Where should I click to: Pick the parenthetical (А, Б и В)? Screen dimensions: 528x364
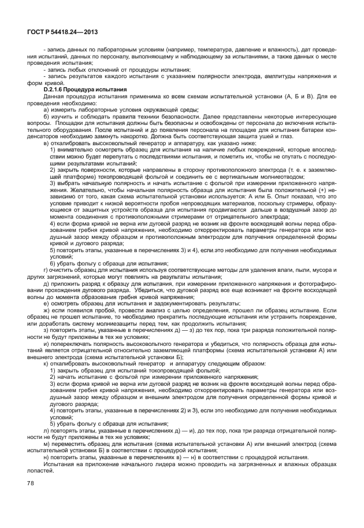[302, 97]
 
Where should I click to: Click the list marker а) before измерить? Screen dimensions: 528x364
[46, 109]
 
